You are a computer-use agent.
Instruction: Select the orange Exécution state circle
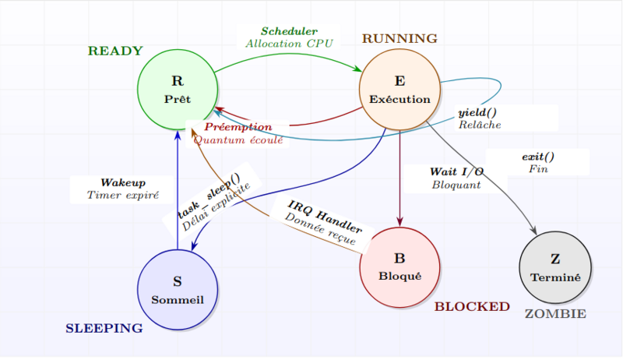pyautogui.click(x=399, y=89)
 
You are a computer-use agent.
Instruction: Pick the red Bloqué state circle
pyautogui.click(x=399, y=267)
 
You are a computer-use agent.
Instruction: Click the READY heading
pyautogui.click(x=115, y=51)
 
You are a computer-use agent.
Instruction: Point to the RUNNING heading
pyautogui.click(x=399, y=38)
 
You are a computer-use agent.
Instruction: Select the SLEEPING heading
pyautogui.click(x=104, y=328)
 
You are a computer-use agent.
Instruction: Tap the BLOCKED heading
pyautogui.click(x=472, y=306)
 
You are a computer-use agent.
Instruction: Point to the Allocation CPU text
pyautogui.click(x=289, y=44)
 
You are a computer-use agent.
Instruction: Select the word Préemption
pyautogui.click(x=238, y=127)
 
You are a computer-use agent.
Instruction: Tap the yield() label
pyautogui.click(x=477, y=113)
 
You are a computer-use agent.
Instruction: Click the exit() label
pyautogui.click(x=538, y=157)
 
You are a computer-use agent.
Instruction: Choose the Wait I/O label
pyautogui.click(x=456, y=171)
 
